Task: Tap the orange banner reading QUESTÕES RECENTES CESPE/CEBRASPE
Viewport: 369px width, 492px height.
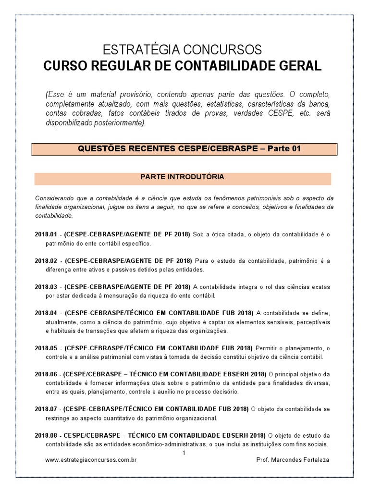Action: tap(185, 149)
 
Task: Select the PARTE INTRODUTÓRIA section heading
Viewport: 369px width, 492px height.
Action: tap(182, 177)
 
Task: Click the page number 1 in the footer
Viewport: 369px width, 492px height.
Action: tap(184, 453)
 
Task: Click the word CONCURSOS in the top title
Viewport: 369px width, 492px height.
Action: tap(224, 49)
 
